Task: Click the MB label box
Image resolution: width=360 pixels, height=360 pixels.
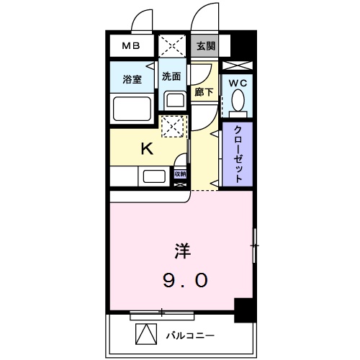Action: pos(131,46)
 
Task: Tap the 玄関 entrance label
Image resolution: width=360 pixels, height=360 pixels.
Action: pos(205,46)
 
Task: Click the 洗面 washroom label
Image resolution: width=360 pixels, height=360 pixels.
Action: pos(171,76)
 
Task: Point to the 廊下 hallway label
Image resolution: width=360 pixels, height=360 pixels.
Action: pos(204,91)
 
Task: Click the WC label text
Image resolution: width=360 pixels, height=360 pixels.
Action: pos(238,83)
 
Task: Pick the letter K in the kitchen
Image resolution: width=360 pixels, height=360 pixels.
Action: pos(146,149)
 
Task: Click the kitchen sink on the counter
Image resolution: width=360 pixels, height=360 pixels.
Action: pos(154,176)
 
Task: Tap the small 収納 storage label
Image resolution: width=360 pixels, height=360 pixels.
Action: pos(180,174)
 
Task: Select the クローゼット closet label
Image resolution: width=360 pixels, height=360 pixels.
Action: pos(238,156)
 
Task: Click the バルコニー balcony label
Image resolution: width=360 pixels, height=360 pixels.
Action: pos(190,335)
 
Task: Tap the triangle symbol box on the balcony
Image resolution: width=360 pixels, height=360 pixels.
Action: pos(146,334)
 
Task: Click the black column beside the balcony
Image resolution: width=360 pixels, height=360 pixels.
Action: pos(245,310)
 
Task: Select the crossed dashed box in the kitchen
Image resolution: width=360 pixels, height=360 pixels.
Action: pos(173,127)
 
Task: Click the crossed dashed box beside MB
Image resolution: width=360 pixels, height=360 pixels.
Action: pos(173,45)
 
